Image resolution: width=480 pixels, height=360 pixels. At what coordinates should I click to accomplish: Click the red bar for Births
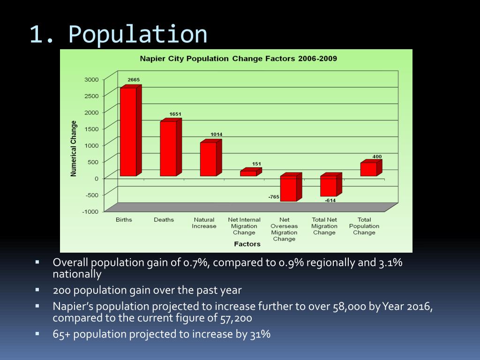coord(128,132)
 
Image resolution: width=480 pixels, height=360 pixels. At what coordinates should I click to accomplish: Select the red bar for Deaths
coord(168,148)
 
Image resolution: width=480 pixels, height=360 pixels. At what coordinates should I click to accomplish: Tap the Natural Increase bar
coord(208,159)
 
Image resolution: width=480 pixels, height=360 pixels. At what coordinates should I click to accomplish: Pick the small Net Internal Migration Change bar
coord(248,173)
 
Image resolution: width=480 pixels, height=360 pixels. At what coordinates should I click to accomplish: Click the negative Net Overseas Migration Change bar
coord(288,188)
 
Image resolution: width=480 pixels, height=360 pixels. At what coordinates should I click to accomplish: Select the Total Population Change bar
coord(368,169)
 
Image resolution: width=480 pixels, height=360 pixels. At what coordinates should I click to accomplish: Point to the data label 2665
coord(134,80)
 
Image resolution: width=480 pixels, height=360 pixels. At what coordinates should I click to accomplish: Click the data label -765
coord(274,197)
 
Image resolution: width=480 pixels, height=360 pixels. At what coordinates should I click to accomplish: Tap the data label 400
coord(377,156)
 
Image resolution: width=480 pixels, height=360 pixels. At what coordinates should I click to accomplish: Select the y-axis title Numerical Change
coord(74,149)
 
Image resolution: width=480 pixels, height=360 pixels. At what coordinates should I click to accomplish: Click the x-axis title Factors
coord(247,244)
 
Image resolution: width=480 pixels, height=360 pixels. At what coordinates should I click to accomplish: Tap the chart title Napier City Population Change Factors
coord(239,59)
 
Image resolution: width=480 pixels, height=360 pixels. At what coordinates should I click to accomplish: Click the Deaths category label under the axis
coord(164,220)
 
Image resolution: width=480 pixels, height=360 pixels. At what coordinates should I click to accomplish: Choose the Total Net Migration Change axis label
coord(324,226)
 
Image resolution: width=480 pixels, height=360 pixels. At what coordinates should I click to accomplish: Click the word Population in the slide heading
coord(137,34)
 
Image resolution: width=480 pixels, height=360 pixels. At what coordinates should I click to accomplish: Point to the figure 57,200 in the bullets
coord(236,319)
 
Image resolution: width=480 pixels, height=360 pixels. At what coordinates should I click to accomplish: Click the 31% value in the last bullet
coord(262,335)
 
